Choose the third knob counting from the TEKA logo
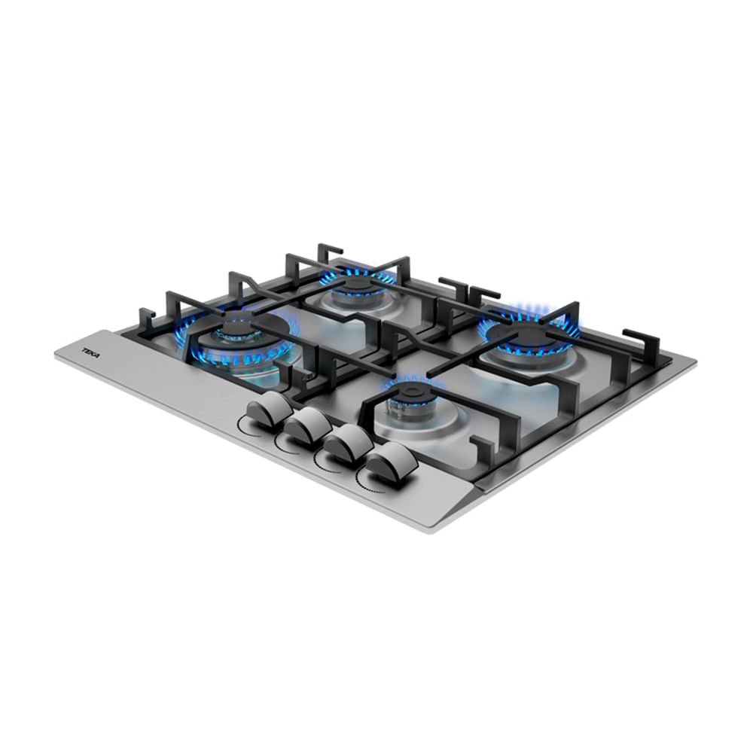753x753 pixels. pos(346,444)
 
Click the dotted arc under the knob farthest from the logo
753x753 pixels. pos(370,485)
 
